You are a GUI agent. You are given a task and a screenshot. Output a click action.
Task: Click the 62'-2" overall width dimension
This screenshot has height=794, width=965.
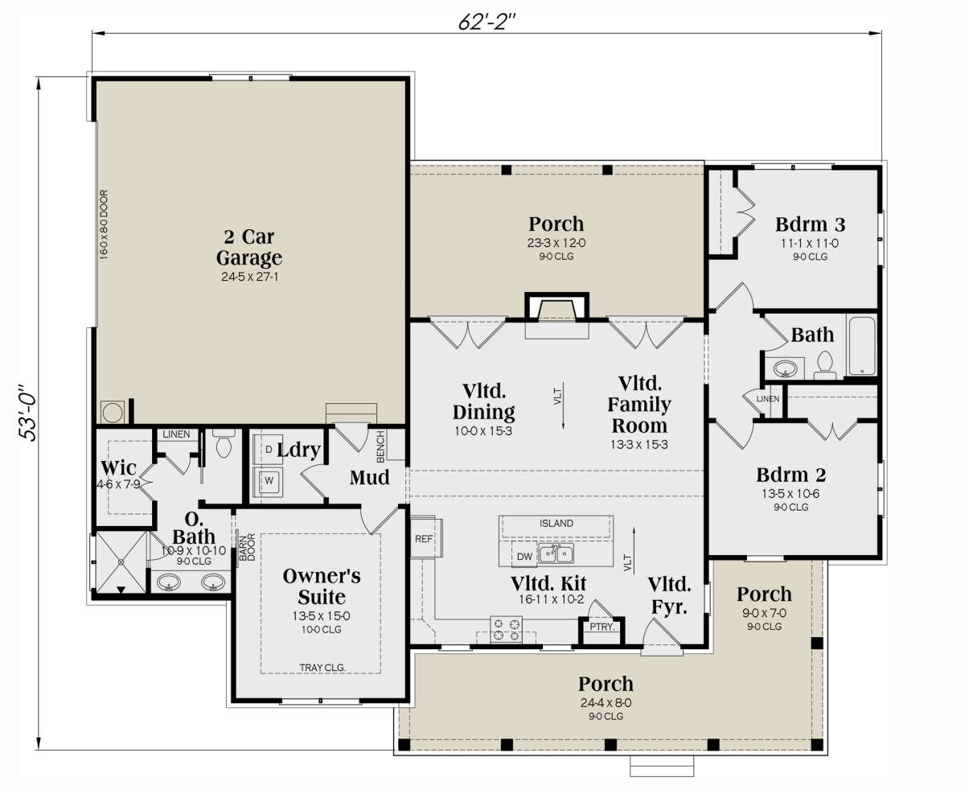coord(487,22)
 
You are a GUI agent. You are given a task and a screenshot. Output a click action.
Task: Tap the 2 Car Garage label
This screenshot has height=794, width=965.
coord(249,247)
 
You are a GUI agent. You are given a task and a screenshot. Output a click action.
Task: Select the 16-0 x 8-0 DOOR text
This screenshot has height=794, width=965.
coord(104,224)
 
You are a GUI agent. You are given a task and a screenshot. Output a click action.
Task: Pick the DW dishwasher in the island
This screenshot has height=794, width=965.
coord(524,556)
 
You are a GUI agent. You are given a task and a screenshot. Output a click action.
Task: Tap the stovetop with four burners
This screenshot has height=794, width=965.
coord(506,630)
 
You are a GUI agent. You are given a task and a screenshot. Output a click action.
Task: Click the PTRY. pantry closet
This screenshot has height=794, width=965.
coord(602,631)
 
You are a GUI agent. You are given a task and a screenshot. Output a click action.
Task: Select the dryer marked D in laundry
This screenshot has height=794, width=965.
coord(269,450)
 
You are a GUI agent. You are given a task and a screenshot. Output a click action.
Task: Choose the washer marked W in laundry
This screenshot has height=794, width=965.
coord(269,481)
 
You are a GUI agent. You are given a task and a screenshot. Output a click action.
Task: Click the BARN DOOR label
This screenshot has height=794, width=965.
coord(247,547)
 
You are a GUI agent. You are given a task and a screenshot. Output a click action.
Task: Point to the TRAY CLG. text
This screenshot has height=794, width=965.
coord(322,668)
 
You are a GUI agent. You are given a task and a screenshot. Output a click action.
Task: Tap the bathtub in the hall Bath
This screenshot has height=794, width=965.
coord(862,346)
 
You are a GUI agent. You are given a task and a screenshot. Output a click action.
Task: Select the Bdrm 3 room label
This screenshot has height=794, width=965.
coord(810,224)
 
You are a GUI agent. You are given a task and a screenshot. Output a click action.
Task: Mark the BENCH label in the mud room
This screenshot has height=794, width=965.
coord(380,446)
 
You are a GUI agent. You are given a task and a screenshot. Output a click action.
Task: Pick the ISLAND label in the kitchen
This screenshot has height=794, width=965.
coord(556,523)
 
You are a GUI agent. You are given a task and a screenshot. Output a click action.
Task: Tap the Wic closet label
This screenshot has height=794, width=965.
coord(118,467)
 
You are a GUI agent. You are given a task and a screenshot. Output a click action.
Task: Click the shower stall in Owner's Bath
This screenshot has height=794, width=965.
coord(121,562)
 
